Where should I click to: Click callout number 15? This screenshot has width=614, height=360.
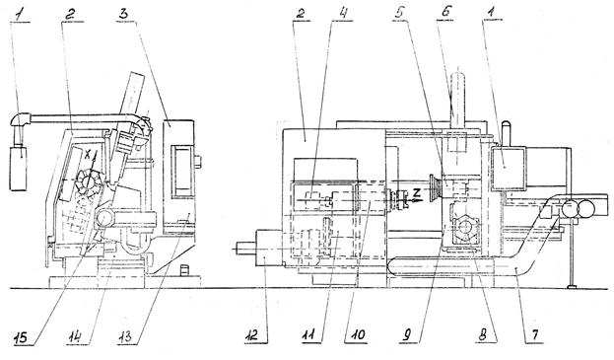21,337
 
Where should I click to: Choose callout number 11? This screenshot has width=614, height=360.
310,336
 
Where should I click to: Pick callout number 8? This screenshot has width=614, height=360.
483,335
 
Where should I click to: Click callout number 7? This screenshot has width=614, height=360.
535,335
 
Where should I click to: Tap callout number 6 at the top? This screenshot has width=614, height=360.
446,13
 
